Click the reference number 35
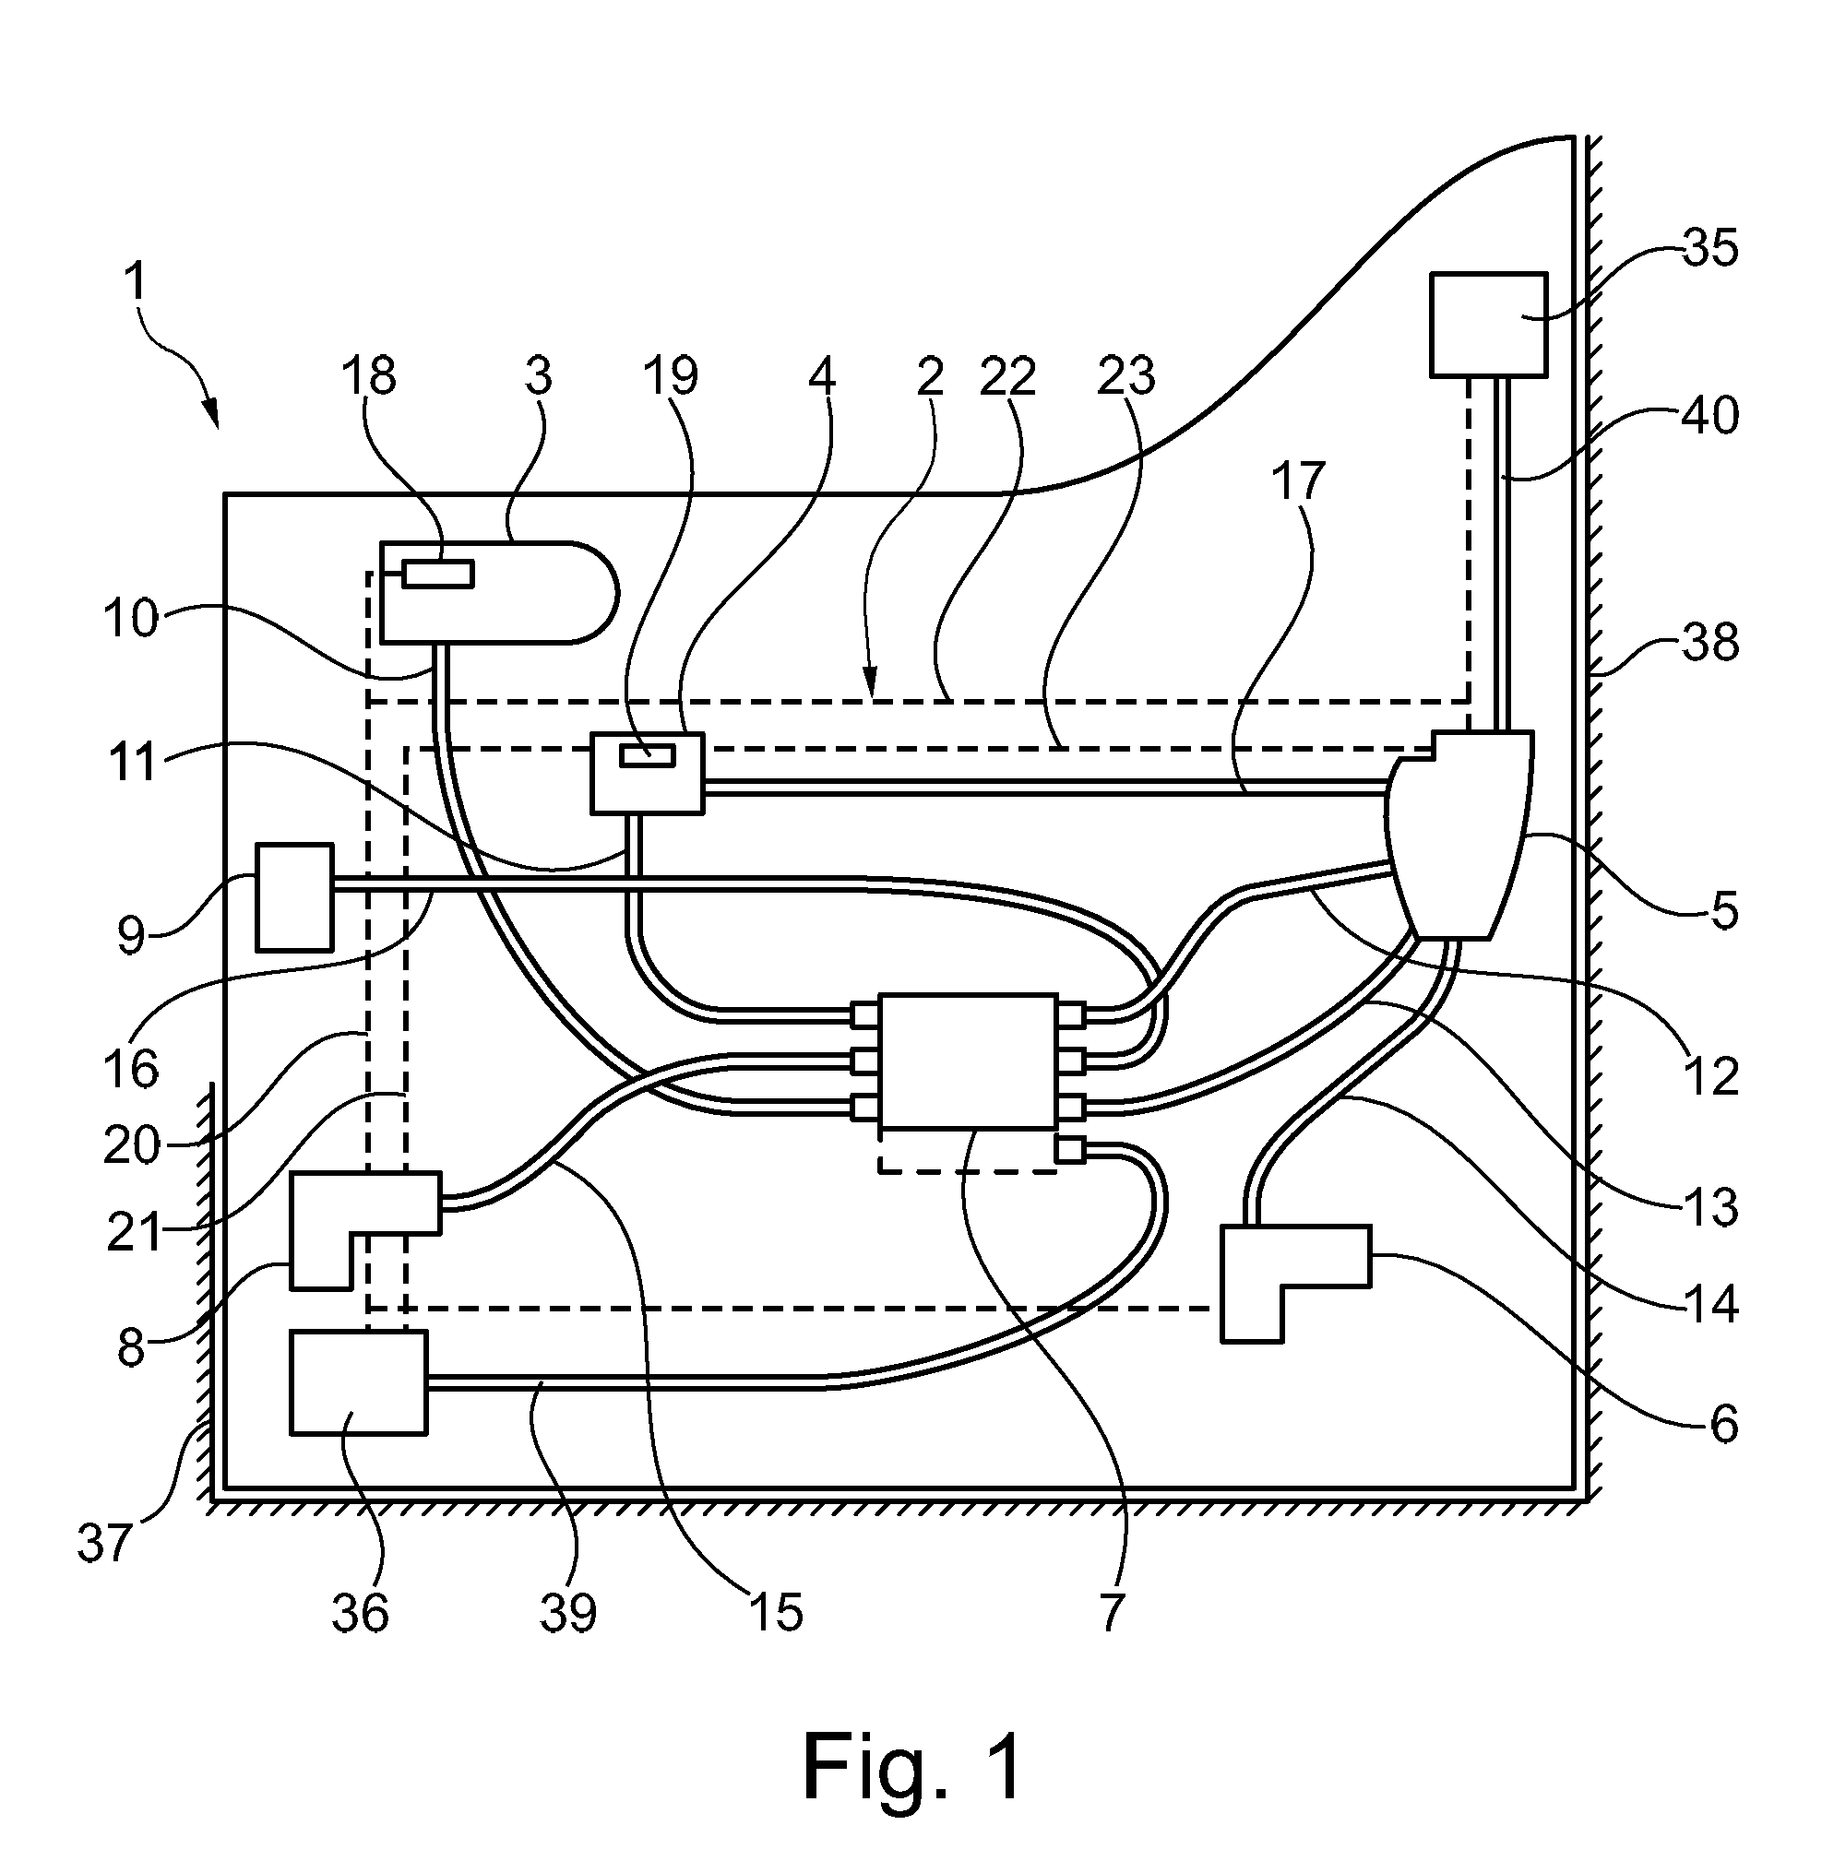[x=1710, y=248]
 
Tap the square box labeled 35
[x=1488, y=325]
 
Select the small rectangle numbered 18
[x=437, y=575]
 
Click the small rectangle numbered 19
[x=647, y=756]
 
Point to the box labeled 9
[x=294, y=896]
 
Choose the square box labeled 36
[x=358, y=1382]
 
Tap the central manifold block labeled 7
[x=969, y=1061]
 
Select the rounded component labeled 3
[x=497, y=592]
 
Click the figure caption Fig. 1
[x=912, y=1765]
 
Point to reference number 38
[x=1710, y=642]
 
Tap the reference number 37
[x=104, y=1544]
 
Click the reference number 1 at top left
[x=135, y=281]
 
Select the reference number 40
[x=1710, y=416]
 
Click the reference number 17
[x=1299, y=481]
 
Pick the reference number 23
[x=1126, y=376]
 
